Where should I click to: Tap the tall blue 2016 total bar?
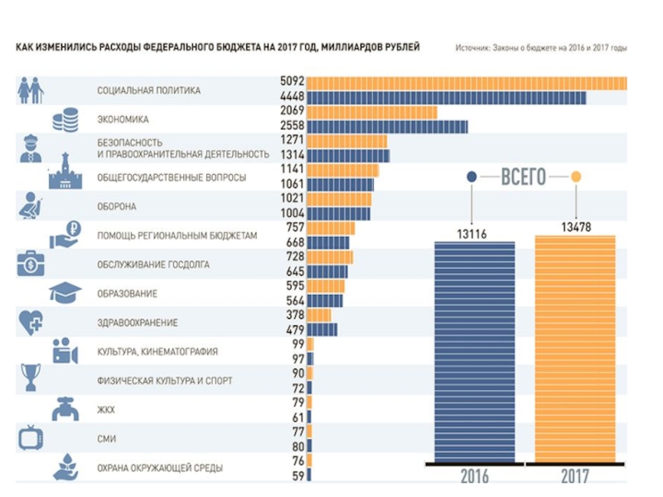(475, 351)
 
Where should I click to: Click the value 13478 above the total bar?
(575, 226)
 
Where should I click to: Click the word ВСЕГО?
(524, 176)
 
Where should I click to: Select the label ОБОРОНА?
(116, 206)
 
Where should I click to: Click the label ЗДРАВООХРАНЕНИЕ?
(137, 322)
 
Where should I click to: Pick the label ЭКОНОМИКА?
(123, 119)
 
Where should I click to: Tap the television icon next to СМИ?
(31, 436)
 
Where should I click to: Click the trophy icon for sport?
(31, 377)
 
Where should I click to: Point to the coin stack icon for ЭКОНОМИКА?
(65, 119)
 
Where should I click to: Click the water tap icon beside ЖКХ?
(67, 408)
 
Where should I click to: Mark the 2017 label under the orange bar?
(574, 476)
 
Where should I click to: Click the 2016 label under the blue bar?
(475, 476)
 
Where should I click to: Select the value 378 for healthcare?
(293, 315)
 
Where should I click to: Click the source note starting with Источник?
(540, 48)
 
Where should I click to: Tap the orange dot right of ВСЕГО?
(576, 176)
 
